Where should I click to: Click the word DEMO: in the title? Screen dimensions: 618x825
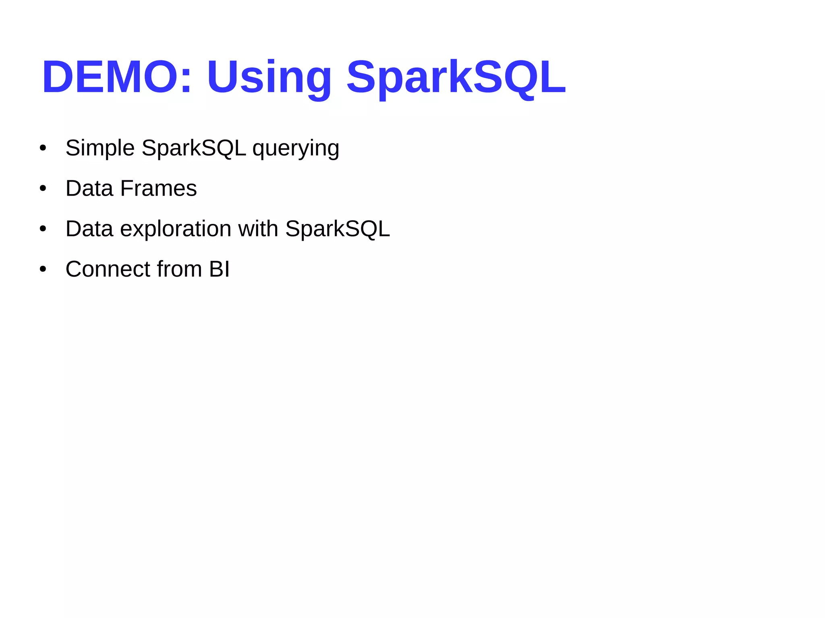[116, 76]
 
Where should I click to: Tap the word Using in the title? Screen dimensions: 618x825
[269, 76]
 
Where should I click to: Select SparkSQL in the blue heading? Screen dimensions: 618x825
[456, 76]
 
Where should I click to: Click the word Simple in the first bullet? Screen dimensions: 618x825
[100, 148]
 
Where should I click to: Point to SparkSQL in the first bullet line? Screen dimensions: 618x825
[194, 148]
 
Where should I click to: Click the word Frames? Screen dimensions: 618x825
[158, 188]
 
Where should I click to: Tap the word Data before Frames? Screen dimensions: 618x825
[89, 188]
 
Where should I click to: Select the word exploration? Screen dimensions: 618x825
[176, 229]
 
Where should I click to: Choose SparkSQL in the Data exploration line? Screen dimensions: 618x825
[338, 229]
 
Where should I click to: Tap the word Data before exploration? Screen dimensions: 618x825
[89, 229]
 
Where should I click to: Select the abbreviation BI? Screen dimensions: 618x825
[219, 269]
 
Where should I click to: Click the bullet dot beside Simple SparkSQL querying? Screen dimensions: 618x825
[43, 148]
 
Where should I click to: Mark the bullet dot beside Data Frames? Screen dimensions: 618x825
[43, 188]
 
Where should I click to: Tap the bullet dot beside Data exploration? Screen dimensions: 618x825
[43, 229]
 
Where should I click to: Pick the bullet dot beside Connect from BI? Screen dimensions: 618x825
[43, 269]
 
